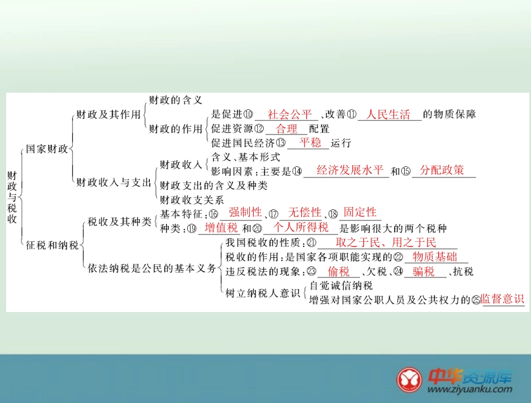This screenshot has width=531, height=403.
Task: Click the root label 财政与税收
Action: [12, 197]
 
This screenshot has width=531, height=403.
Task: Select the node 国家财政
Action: [47, 150]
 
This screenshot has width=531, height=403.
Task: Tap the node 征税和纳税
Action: [52, 245]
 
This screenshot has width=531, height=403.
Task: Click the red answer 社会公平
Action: [290, 115]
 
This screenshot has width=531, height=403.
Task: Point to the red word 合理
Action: [287, 129]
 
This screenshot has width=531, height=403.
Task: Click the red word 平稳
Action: [310, 142]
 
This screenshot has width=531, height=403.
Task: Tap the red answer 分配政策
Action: [442, 170]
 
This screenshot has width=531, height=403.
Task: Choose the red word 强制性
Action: [245, 213]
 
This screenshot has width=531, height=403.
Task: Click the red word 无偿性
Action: [304, 213]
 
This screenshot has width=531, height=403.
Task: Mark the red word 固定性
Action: [360, 213]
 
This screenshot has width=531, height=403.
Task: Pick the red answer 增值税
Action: [221, 228]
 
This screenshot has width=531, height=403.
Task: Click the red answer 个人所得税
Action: [301, 228]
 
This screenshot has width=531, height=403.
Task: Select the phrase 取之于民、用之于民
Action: [386, 243]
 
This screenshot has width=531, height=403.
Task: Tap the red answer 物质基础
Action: [434, 257]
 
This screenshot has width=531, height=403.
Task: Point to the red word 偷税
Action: [339, 272]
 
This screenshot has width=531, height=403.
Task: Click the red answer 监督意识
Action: [502, 299]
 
